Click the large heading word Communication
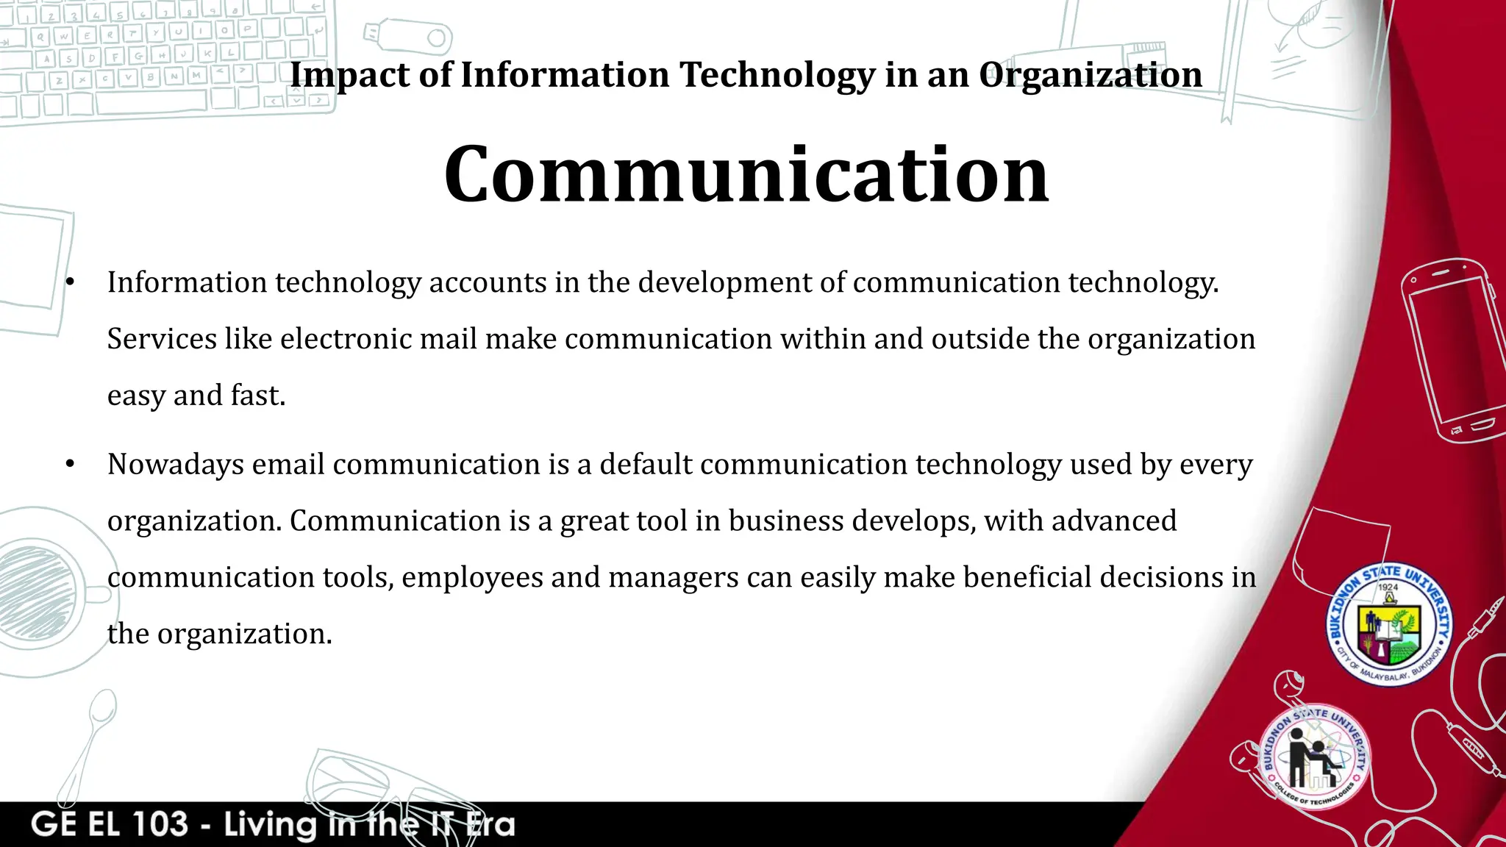746,175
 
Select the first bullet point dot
70,283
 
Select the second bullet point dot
70,465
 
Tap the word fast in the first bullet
257,396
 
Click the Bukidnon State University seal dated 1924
1388,625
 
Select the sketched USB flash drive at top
408,35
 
